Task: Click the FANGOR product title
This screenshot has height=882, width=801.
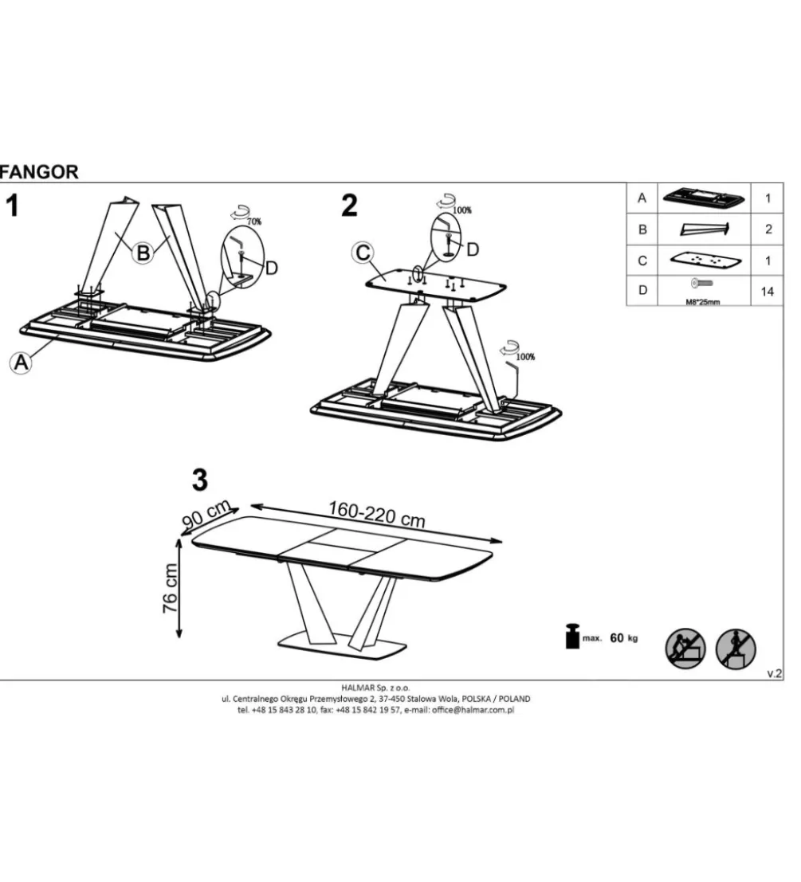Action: [x=39, y=172]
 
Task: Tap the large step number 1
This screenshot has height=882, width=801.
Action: [x=12, y=206]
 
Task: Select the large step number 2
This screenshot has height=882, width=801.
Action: [x=349, y=206]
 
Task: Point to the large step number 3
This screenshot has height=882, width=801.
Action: [x=200, y=480]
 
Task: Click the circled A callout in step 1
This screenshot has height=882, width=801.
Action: [x=21, y=363]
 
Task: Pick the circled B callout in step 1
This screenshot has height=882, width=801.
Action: [x=143, y=253]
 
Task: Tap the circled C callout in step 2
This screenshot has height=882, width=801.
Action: [x=363, y=253]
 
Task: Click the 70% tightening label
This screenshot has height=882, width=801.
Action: [x=254, y=221]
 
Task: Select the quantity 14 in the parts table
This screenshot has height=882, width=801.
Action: [x=768, y=292]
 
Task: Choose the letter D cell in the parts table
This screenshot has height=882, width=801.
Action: [x=642, y=290]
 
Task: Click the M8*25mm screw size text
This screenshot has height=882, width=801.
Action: [x=702, y=302]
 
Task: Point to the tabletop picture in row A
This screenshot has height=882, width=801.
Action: [x=704, y=198]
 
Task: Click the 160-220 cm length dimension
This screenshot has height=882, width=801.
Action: [x=376, y=514]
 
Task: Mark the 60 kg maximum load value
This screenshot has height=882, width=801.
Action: [x=624, y=638]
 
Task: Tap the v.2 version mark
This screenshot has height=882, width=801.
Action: [x=775, y=673]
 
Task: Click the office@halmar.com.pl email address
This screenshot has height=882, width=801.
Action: [x=473, y=710]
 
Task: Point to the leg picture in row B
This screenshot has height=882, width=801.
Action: [x=705, y=229]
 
